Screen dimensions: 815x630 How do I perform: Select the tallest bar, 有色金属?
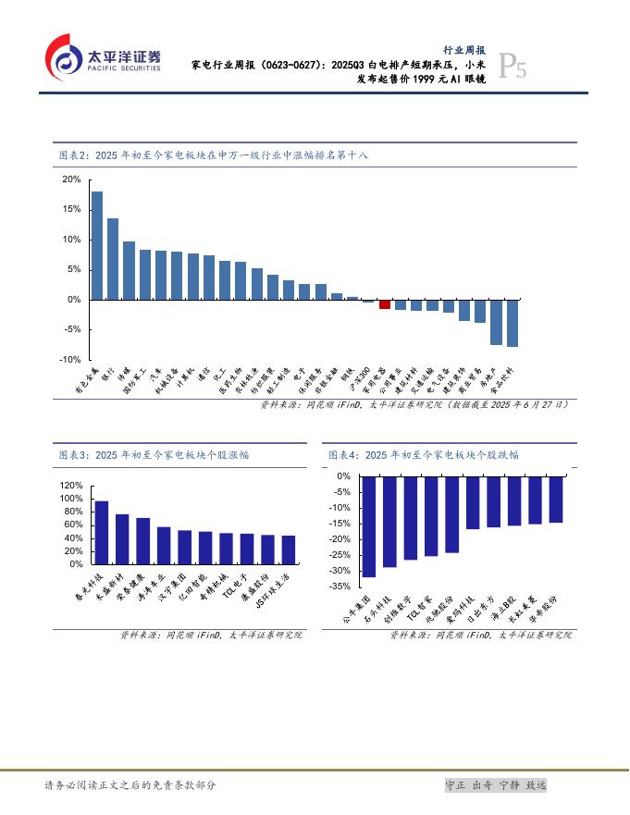tap(97, 245)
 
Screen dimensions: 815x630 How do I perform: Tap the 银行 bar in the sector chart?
tap(113, 259)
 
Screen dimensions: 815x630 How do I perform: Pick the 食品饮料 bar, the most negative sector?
tap(513, 323)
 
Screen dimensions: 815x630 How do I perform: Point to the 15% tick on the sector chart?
tap(71, 209)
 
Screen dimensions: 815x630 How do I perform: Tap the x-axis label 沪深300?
tap(365, 377)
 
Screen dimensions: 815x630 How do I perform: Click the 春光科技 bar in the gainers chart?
tap(102, 532)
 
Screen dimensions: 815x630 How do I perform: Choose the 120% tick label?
tap(71, 485)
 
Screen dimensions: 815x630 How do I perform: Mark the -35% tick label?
tap(340, 587)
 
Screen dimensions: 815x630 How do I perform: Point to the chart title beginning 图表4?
tap(424, 455)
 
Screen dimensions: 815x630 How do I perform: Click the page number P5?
tap(513, 67)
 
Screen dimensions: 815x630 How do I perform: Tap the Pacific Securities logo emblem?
tap(62, 57)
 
